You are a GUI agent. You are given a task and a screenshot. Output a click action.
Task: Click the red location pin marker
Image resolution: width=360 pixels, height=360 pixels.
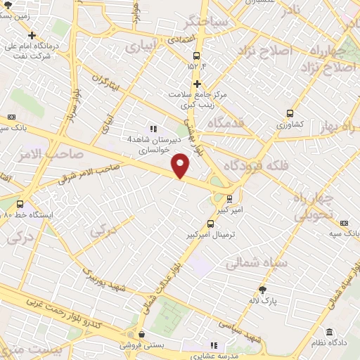[181, 165]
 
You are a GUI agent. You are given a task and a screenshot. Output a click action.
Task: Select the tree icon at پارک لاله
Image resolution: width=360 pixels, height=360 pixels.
[263, 289]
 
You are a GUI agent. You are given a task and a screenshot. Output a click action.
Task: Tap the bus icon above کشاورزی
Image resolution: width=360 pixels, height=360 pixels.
[290, 113]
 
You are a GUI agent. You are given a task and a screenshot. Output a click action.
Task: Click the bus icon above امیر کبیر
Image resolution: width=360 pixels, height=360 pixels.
[229, 198]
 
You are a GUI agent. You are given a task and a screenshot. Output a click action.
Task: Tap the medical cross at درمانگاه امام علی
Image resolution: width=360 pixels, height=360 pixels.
[32, 35]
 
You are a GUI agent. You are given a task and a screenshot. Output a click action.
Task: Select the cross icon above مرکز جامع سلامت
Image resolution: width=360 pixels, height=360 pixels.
[198, 84]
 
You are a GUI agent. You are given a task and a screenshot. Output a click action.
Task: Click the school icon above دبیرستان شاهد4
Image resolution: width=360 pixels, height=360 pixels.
[153, 129]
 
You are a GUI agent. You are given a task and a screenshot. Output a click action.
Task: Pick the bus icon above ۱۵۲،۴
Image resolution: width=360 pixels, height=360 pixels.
[196, 55]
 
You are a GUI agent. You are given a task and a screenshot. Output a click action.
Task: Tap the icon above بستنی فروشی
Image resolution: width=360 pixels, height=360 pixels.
[142, 335]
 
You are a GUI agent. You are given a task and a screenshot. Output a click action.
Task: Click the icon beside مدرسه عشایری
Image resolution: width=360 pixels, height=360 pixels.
[214, 345]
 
